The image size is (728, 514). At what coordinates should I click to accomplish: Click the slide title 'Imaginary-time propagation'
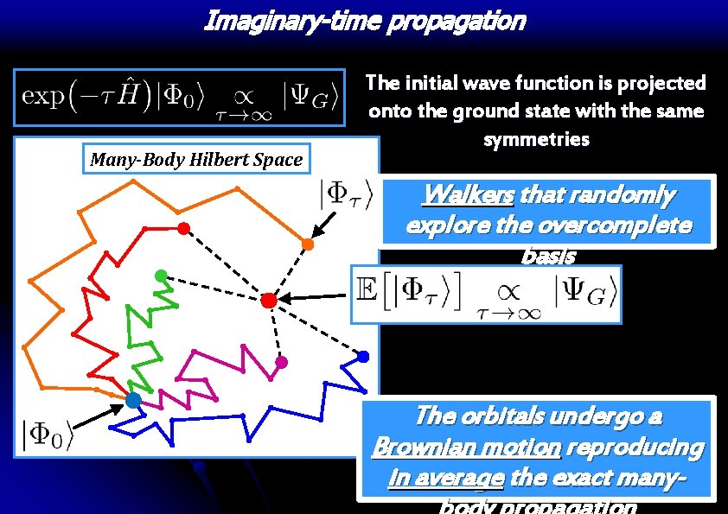click(x=364, y=21)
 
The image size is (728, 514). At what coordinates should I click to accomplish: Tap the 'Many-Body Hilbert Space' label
click(x=197, y=159)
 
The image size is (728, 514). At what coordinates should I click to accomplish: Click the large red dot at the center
click(x=268, y=300)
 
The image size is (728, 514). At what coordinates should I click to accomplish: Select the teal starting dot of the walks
click(x=133, y=400)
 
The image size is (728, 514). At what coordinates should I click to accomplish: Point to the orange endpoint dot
click(x=308, y=244)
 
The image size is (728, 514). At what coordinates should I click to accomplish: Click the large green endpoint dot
click(x=161, y=276)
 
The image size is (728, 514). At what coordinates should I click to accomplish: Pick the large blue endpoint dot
click(x=363, y=357)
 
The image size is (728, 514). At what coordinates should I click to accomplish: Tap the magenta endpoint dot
click(x=280, y=361)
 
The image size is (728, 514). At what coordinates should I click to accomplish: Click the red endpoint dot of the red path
click(x=182, y=228)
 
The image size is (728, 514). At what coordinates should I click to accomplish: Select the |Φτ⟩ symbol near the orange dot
click(x=345, y=196)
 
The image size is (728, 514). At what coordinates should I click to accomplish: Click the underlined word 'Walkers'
click(x=467, y=196)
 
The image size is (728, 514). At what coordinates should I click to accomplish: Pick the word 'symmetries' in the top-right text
click(x=536, y=139)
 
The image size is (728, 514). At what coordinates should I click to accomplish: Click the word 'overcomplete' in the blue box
click(x=627, y=225)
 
